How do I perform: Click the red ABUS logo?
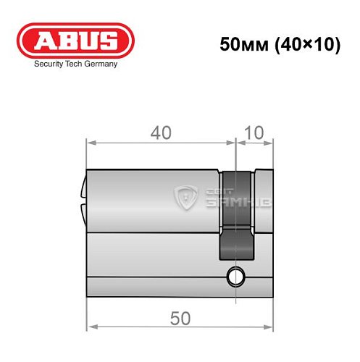[76, 41]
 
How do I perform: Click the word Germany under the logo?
[99, 64]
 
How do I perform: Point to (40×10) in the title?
[306, 44]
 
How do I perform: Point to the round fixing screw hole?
[234, 276]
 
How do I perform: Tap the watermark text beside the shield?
[225, 195]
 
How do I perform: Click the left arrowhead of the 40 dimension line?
[91, 143]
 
